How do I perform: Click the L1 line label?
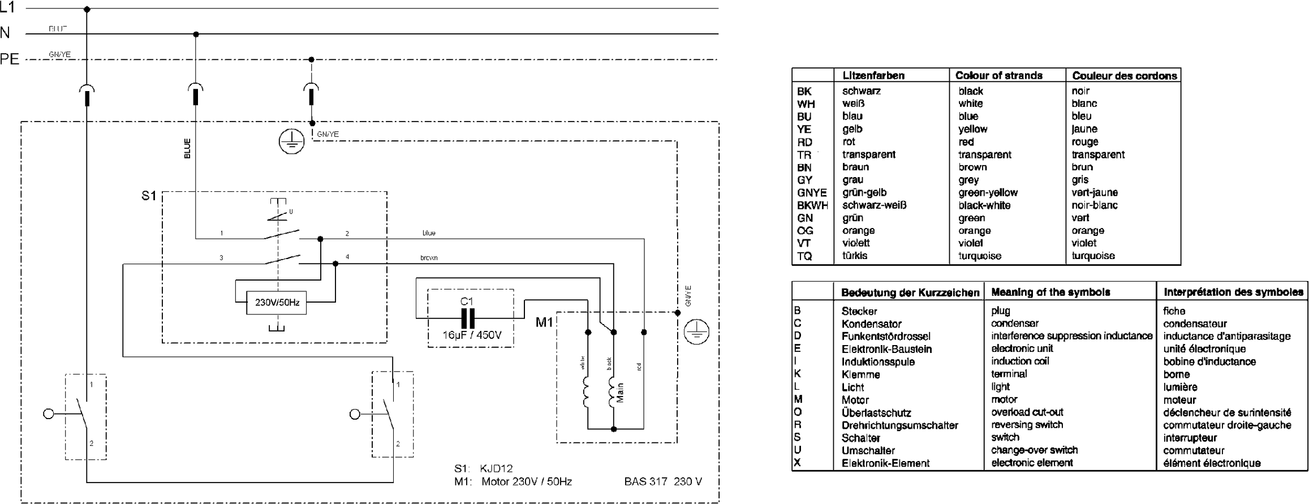tap(7, 8)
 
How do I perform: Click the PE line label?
tap(10, 59)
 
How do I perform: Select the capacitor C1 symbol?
tap(467, 318)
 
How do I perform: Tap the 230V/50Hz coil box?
tap(277, 303)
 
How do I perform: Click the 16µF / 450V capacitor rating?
tap(472, 335)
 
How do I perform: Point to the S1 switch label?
tap(148, 196)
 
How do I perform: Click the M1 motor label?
tap(544, 322)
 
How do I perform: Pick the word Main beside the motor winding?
tap(621, 393)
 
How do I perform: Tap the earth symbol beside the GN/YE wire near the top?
tap(292, 141)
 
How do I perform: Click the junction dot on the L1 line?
tap(87, 9)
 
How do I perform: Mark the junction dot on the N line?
tap(196, 35)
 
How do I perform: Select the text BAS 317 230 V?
tap(663, 481)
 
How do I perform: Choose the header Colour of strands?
tap(998, 75)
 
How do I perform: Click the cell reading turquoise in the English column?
tap(980, 256)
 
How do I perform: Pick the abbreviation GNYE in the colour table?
tap(812, 193)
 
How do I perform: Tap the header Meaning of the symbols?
tap(1050, 292)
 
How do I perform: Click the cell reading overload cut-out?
tap(1027, 412)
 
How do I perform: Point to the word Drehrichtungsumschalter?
tap(899, 425)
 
